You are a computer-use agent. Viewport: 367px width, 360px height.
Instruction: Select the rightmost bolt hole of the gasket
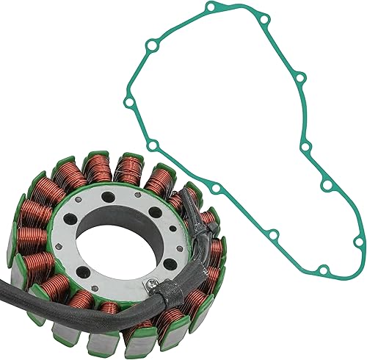click(359, 242)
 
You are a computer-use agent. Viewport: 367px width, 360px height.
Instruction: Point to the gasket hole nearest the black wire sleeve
click(216, 189)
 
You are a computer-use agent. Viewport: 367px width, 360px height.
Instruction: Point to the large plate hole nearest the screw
click(145, 264)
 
